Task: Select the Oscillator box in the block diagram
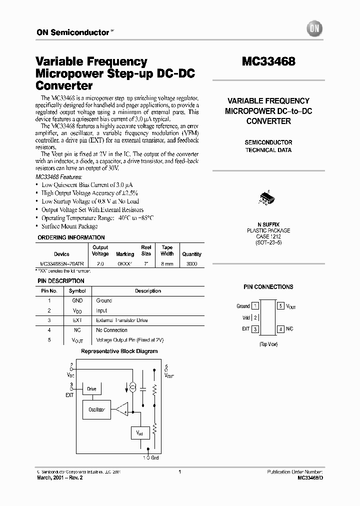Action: point(96,409)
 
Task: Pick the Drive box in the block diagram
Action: point(91,388)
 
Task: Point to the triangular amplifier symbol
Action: point(121,409)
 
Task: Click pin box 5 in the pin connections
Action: point(281,305)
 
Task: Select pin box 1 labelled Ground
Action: point(255,305)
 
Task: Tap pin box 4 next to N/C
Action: point(281,329)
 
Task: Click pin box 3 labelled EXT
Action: point(255,329)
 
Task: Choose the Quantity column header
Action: point(191,254)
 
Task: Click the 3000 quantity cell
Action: point(191,263)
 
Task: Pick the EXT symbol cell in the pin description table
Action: point(77,320)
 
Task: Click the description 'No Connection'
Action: point(111,330)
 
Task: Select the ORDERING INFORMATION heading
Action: point(71,237)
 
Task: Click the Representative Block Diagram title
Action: point(119,351)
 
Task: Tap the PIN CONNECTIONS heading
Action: point(268,287)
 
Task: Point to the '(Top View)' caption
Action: point(268,344)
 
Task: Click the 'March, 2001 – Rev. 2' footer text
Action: point(59,478)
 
